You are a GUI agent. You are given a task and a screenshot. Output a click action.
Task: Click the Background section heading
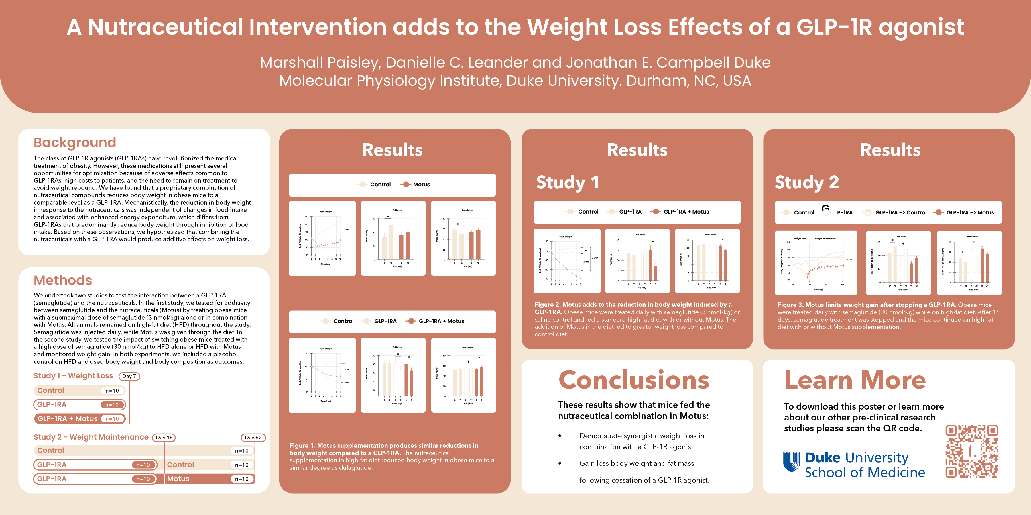click(x=75, y=142)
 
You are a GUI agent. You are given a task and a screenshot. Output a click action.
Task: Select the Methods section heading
click(x=63, y=280)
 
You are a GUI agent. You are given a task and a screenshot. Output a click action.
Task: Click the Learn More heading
click(x=855, y=380)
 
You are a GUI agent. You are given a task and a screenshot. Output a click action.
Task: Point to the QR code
click(x=971, y=451)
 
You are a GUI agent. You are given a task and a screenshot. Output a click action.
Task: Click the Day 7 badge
click(x=129, y=377)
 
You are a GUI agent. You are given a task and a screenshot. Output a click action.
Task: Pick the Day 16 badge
click(x=164, y=438)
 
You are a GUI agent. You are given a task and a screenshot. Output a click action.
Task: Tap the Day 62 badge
click(x=253, y=438)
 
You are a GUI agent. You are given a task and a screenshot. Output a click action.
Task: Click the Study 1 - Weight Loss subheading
click(x=73, y=376)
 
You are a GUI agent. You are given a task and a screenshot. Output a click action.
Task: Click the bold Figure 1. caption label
click(x=303, y=446)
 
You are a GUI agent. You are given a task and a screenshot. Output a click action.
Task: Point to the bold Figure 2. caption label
click(x=548, y=305)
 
